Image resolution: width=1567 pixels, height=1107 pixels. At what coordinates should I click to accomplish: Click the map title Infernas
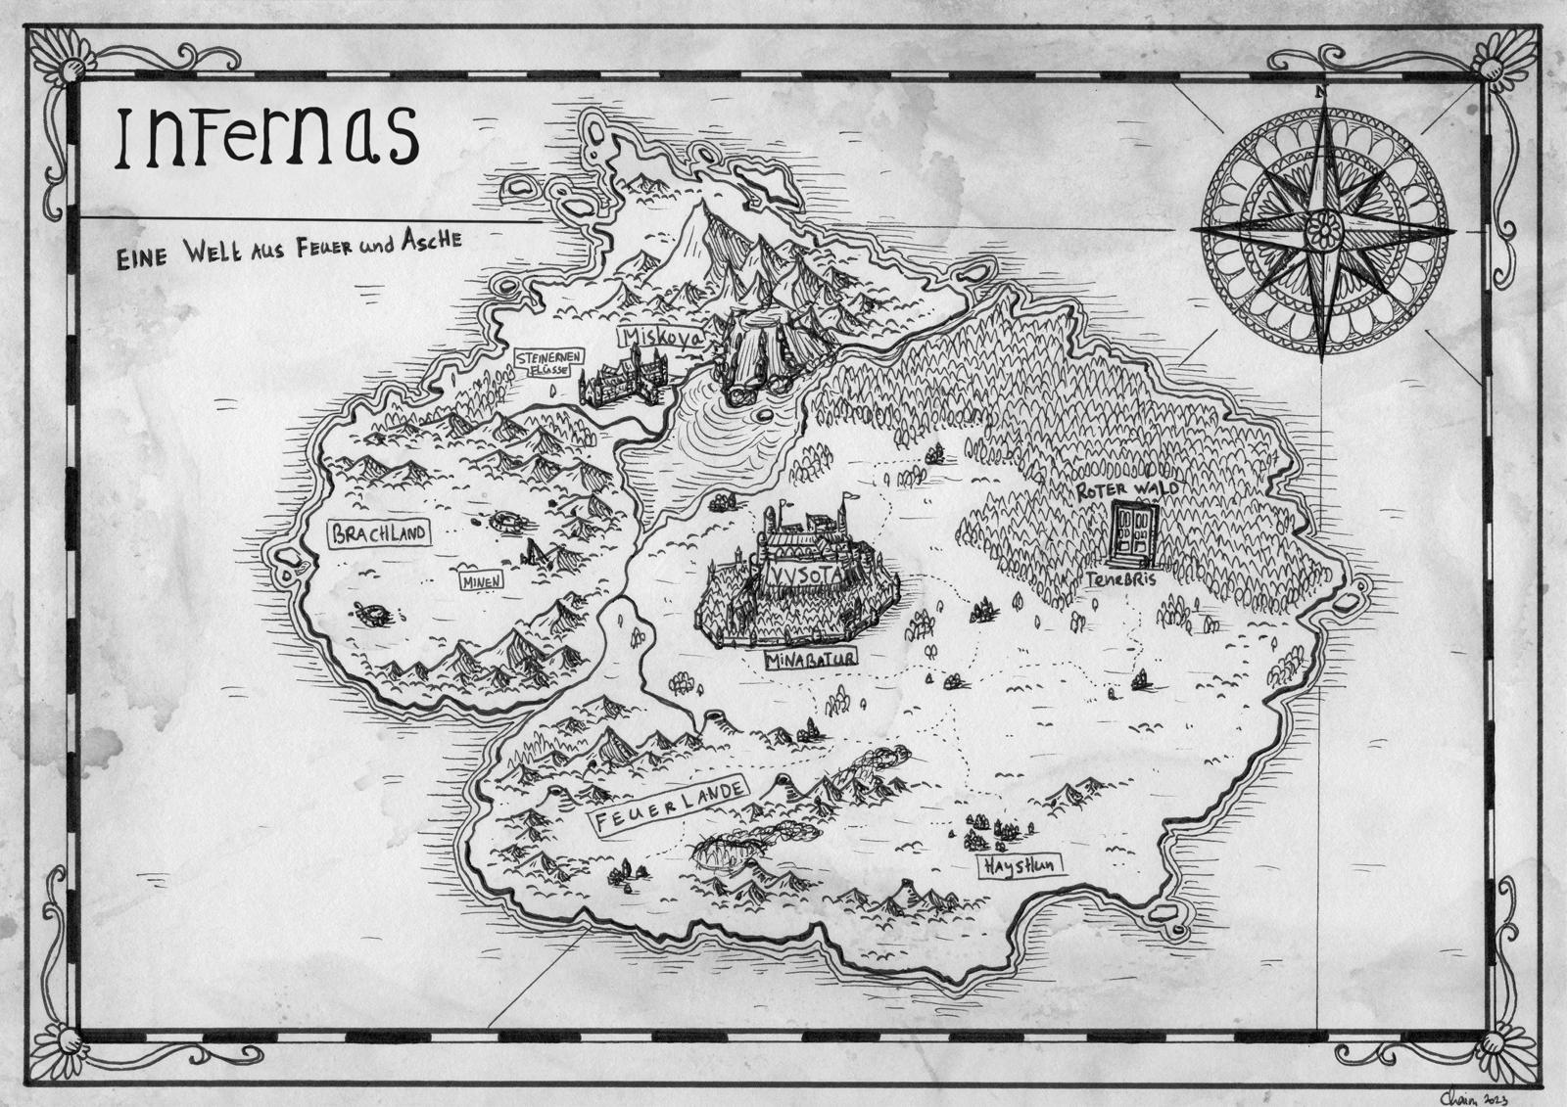click(267, 138)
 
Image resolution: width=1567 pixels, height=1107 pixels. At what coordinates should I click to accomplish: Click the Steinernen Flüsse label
click(544, 364)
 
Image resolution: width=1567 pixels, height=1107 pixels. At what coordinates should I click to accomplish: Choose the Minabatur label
click(812, 661)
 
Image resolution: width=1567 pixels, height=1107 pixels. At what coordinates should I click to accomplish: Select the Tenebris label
click(1121, 580)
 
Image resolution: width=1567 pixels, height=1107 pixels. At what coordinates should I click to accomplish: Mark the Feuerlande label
click(664, 806)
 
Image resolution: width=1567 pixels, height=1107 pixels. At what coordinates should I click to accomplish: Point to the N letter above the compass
click(1321, 92)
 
